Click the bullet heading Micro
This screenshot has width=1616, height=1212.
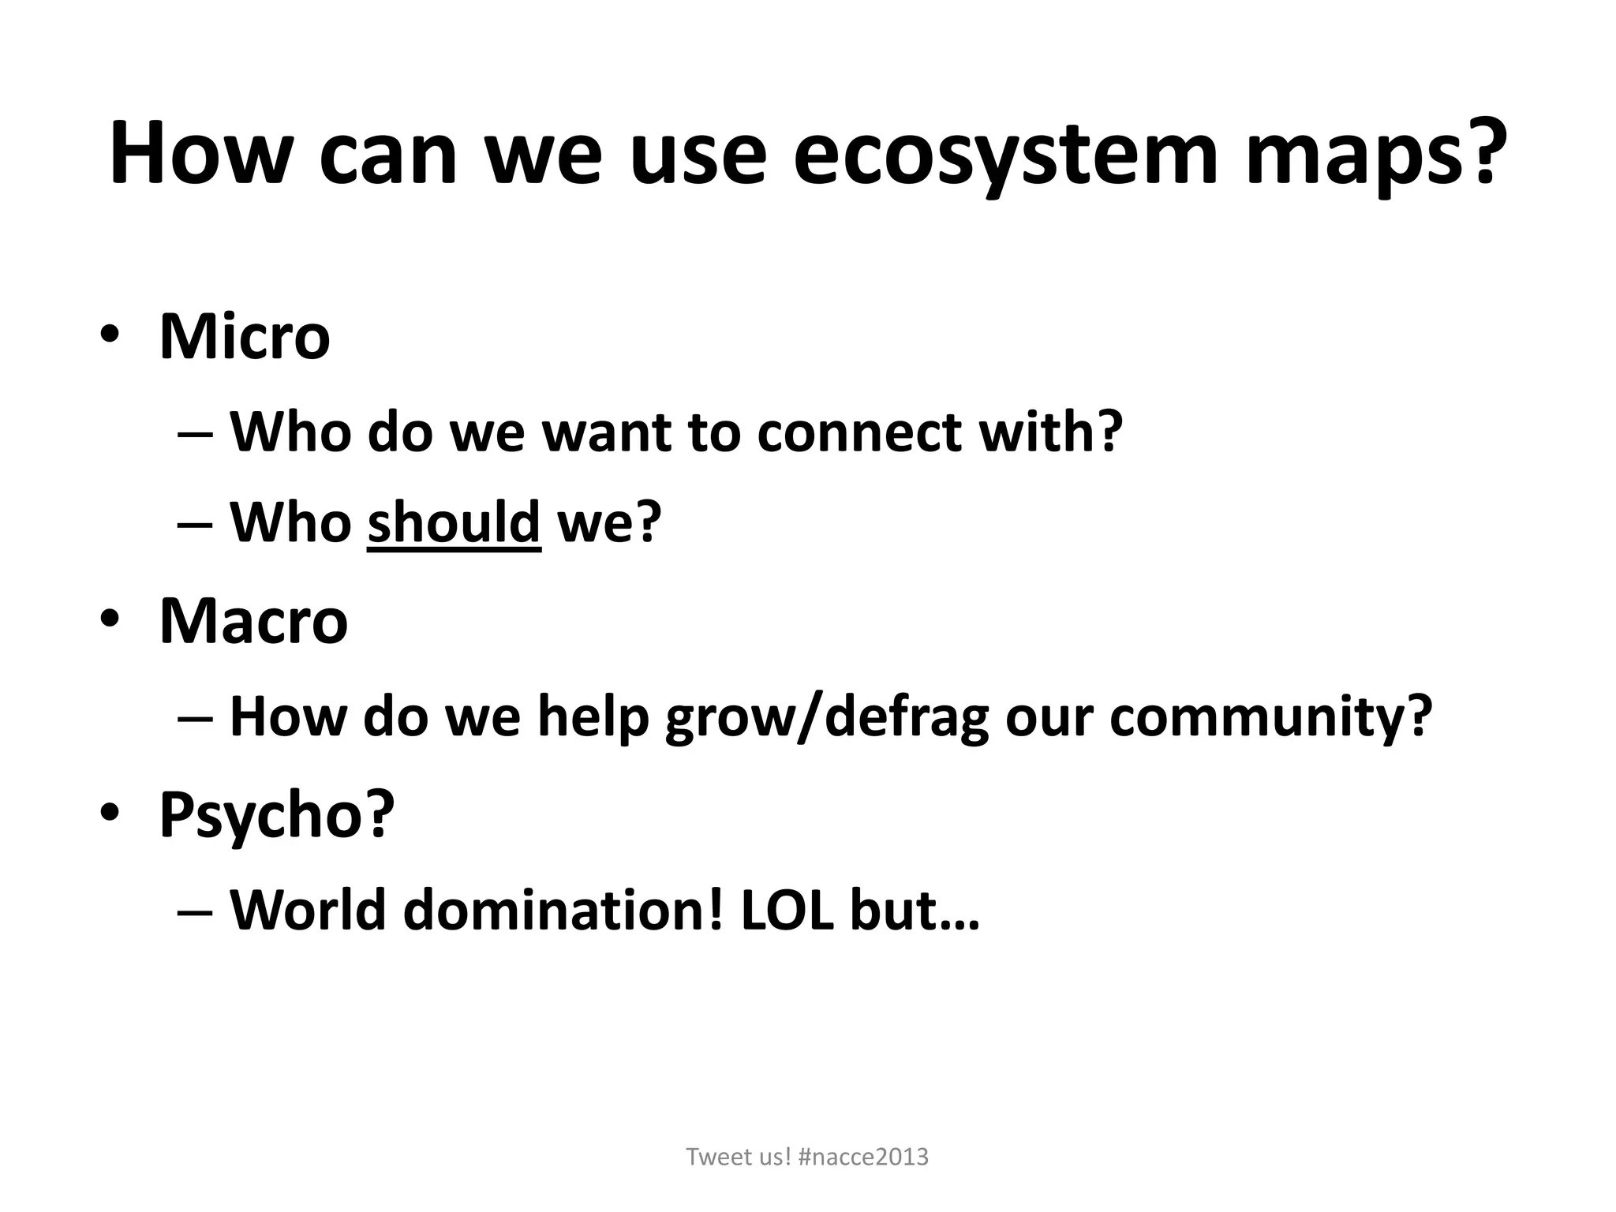click(x=245, y=337)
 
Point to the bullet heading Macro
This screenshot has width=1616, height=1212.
click(x=253, y=622)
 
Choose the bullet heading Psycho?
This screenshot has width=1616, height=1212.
click(x=276, y=816)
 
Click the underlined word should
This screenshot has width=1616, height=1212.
click(x=454, y=522)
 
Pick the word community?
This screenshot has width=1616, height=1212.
click(x=1270, y=718)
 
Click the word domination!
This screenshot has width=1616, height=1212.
click(x=563, y=910)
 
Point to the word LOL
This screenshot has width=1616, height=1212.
click(x=787, y=910)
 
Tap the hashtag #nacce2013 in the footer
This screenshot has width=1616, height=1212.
click(x=863, y=1157)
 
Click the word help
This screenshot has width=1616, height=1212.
click(x=593, y=718)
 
